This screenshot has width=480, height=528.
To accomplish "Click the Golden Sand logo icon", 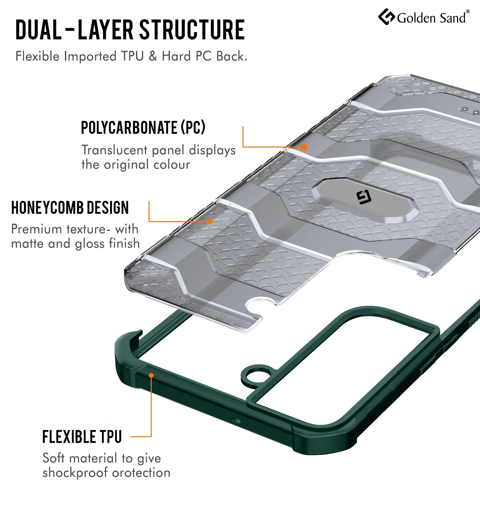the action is coord(387,17).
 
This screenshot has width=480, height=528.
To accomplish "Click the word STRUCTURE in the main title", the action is coord(192,30).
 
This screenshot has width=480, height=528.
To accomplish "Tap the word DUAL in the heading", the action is coord(38,30).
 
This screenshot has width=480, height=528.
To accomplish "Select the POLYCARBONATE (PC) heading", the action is coord(143,127).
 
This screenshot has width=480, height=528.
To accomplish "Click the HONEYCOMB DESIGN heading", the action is coord(70,208).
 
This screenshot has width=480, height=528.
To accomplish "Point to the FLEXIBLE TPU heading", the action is coord(82,437).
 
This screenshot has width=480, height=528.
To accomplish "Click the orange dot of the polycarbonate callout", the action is coord(304,147).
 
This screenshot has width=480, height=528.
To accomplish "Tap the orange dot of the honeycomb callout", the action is coord(210,221).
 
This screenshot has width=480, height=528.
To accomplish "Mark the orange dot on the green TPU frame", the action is coord(151,375).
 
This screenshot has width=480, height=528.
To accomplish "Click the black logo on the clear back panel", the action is coord(364,197).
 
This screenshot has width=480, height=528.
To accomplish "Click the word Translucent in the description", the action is coord(114,150).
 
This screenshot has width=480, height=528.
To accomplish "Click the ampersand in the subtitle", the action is coord(153,56).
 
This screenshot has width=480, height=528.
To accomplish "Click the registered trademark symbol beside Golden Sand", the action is coord(468,12).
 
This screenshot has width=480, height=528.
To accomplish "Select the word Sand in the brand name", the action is coord(452,18).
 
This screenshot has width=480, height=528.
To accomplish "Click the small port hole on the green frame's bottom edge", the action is coord(237,420).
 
